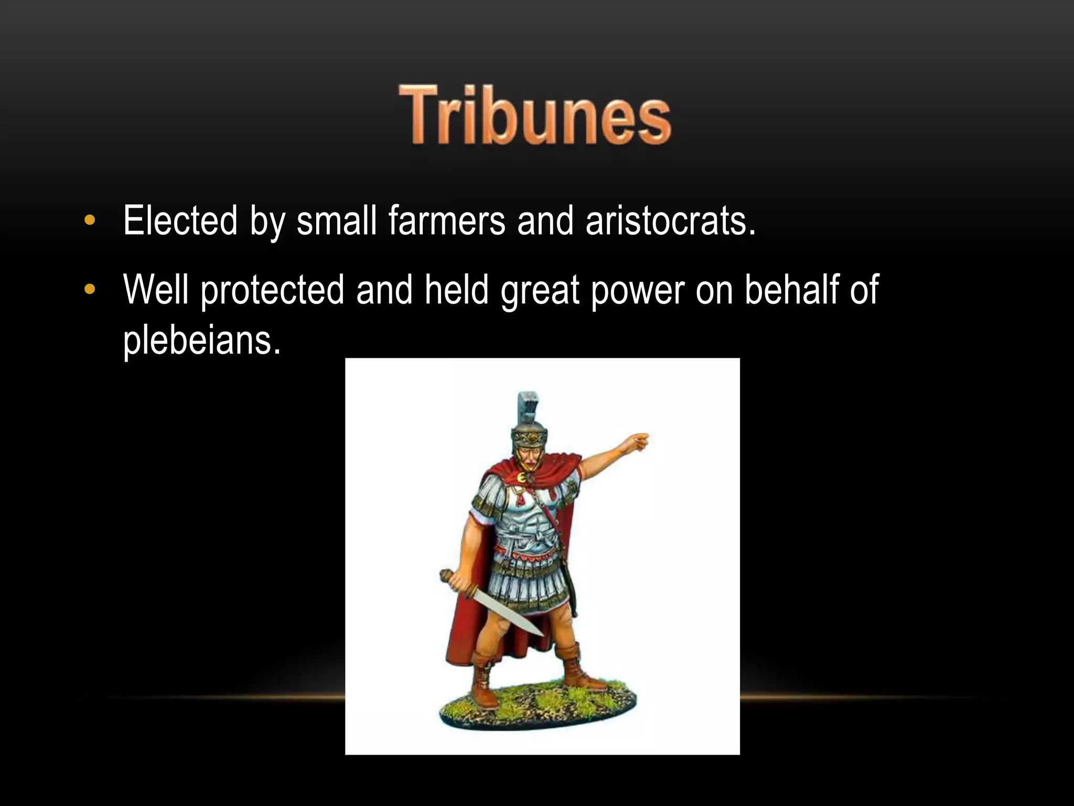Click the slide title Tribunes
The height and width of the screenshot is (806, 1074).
pyautogui.click(x=535, y=114)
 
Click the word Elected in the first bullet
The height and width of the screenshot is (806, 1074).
pyautogui.click(x=180, y=221)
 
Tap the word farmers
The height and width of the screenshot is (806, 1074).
pyautogui.click(x=447, y=221)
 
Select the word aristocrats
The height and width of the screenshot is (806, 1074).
pyautogui.click(x=670, y=221)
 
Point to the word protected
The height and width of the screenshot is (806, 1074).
pyautogui.click(x=273, y=290)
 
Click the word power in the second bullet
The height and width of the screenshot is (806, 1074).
pyautogui.click(x=638, y=290)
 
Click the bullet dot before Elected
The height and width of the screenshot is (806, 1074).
pyautogui.click(x=90, y=220)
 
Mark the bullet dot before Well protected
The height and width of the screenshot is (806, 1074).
pyautogui.click(x=90, y=289)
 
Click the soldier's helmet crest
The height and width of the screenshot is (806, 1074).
pyautogui.click(x=529, y=408)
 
